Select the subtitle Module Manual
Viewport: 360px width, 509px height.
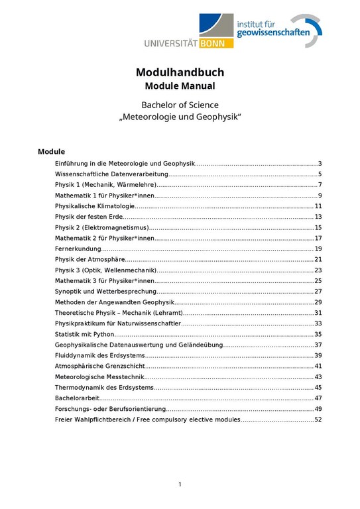(x=180, y=86)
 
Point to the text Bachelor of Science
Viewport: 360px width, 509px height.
(x=180, y=105)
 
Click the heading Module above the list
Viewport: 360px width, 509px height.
(x=51, y=151)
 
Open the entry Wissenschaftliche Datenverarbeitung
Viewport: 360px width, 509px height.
(x=111, y=174)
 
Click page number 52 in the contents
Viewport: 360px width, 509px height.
(x=318, y=420)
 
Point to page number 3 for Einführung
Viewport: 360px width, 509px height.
(x=320, y=164)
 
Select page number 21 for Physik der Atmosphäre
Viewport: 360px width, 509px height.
(x=318, y=259)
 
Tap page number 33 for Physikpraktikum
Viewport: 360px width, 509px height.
(x=318, y=323)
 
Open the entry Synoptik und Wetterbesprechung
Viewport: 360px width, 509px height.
(x=105, y=292)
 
